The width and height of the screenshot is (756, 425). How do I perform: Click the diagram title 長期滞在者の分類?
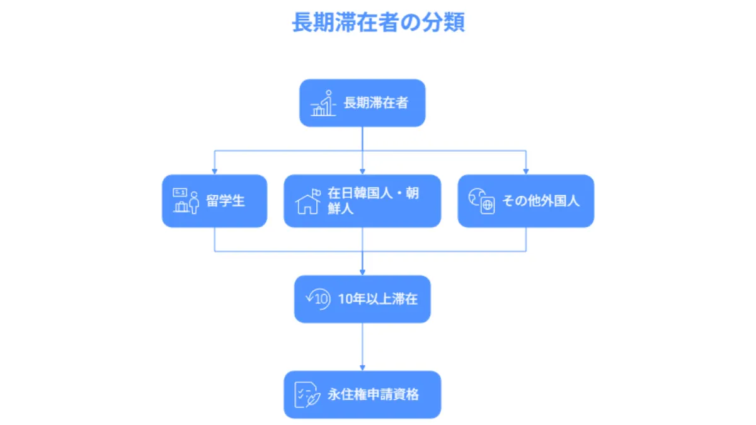[x=378, y=23]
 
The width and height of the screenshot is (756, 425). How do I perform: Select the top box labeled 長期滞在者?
[x=362, y=103]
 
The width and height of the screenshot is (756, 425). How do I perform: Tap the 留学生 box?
[x=214, y=201]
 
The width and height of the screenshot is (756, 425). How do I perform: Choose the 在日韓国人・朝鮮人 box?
[x=362, y=201]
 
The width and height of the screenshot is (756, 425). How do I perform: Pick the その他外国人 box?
[x=525, y=201]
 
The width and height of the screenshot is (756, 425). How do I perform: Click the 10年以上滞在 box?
[x=362, y=299]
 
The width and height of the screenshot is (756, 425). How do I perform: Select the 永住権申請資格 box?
[x=362, y=395]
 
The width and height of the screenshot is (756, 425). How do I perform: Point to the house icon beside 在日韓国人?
[x=307, y=202]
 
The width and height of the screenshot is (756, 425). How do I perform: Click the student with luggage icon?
[x=185, y=201]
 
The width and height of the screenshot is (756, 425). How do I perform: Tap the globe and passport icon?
[x=482, y=201]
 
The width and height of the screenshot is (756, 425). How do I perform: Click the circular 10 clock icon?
[x=318, y=299]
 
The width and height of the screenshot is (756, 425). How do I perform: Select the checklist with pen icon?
[x=307, y=395]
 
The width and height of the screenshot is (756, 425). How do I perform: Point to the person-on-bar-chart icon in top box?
[x=323, y=104]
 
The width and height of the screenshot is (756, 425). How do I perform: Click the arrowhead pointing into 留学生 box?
[x=214, y=171]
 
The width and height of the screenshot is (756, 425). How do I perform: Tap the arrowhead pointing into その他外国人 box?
[x=525, y=171]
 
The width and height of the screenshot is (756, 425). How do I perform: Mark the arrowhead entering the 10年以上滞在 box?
[x=362, y=272]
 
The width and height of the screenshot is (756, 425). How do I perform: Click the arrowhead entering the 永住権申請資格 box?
[x=362, y=368]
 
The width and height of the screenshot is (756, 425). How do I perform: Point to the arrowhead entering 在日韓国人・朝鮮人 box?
[x=362, y=171]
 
